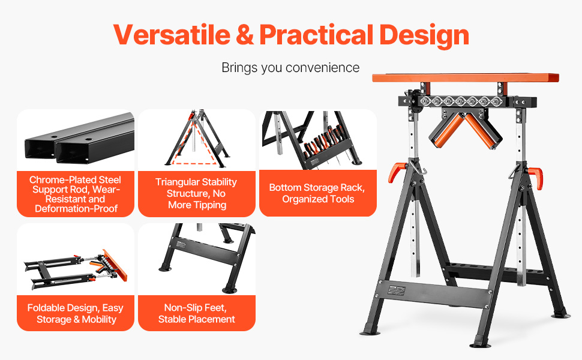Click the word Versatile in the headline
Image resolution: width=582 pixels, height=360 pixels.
point(172,35)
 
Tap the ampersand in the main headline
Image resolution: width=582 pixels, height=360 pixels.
point(245,35)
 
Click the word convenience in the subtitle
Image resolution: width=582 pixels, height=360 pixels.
point(323,68)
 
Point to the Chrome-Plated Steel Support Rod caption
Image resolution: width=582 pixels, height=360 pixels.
point(76,194)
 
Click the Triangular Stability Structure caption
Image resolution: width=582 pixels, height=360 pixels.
point(196,193)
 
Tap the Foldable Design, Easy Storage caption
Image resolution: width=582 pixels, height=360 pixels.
point(76,314)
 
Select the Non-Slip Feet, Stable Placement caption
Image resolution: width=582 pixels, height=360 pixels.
point(196,313)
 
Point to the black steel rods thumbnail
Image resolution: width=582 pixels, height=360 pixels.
point(79,139)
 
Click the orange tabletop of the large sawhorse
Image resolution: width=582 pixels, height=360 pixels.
point(466,77)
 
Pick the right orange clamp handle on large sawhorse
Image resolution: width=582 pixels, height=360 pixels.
point(536,178)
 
